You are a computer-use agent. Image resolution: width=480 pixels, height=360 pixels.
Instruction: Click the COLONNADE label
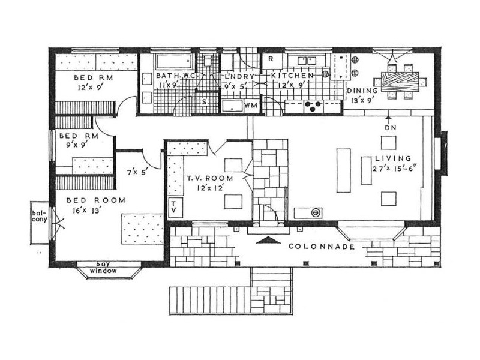tap(322, 247)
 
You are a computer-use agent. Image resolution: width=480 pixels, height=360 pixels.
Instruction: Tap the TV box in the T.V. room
tap(175, 208)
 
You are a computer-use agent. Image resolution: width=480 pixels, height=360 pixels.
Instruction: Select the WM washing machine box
tap(251, 106)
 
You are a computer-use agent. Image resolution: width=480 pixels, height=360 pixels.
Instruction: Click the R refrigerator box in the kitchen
tap(272, 61)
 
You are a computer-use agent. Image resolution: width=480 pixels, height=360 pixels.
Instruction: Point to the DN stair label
tap(391, 128)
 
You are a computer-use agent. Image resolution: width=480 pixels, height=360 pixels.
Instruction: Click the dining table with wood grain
tap(400, 82)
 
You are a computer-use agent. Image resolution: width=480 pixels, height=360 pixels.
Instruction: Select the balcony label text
tap(40, 216)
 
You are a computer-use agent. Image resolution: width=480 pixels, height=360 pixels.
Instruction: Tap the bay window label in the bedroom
tap(103, 267)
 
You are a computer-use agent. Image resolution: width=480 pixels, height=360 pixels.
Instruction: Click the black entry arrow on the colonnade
tap(268, 240)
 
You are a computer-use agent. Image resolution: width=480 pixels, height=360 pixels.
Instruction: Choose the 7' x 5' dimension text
tap(137, 172)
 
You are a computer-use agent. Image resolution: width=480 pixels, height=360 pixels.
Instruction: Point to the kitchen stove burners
tap(313, 106)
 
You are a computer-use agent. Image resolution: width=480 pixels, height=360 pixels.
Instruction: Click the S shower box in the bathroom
tap(205, 102)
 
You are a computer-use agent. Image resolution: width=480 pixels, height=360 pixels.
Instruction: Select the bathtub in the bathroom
tap(174, 62)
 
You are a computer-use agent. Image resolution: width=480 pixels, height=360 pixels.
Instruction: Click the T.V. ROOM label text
tap(210, 178)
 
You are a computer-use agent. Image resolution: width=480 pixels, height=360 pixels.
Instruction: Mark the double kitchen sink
tap(307, 61)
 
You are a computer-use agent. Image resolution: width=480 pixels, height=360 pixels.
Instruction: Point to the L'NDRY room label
tap(239, 77)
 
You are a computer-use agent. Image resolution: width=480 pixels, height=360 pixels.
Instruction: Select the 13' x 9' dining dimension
tap(362, 100)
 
